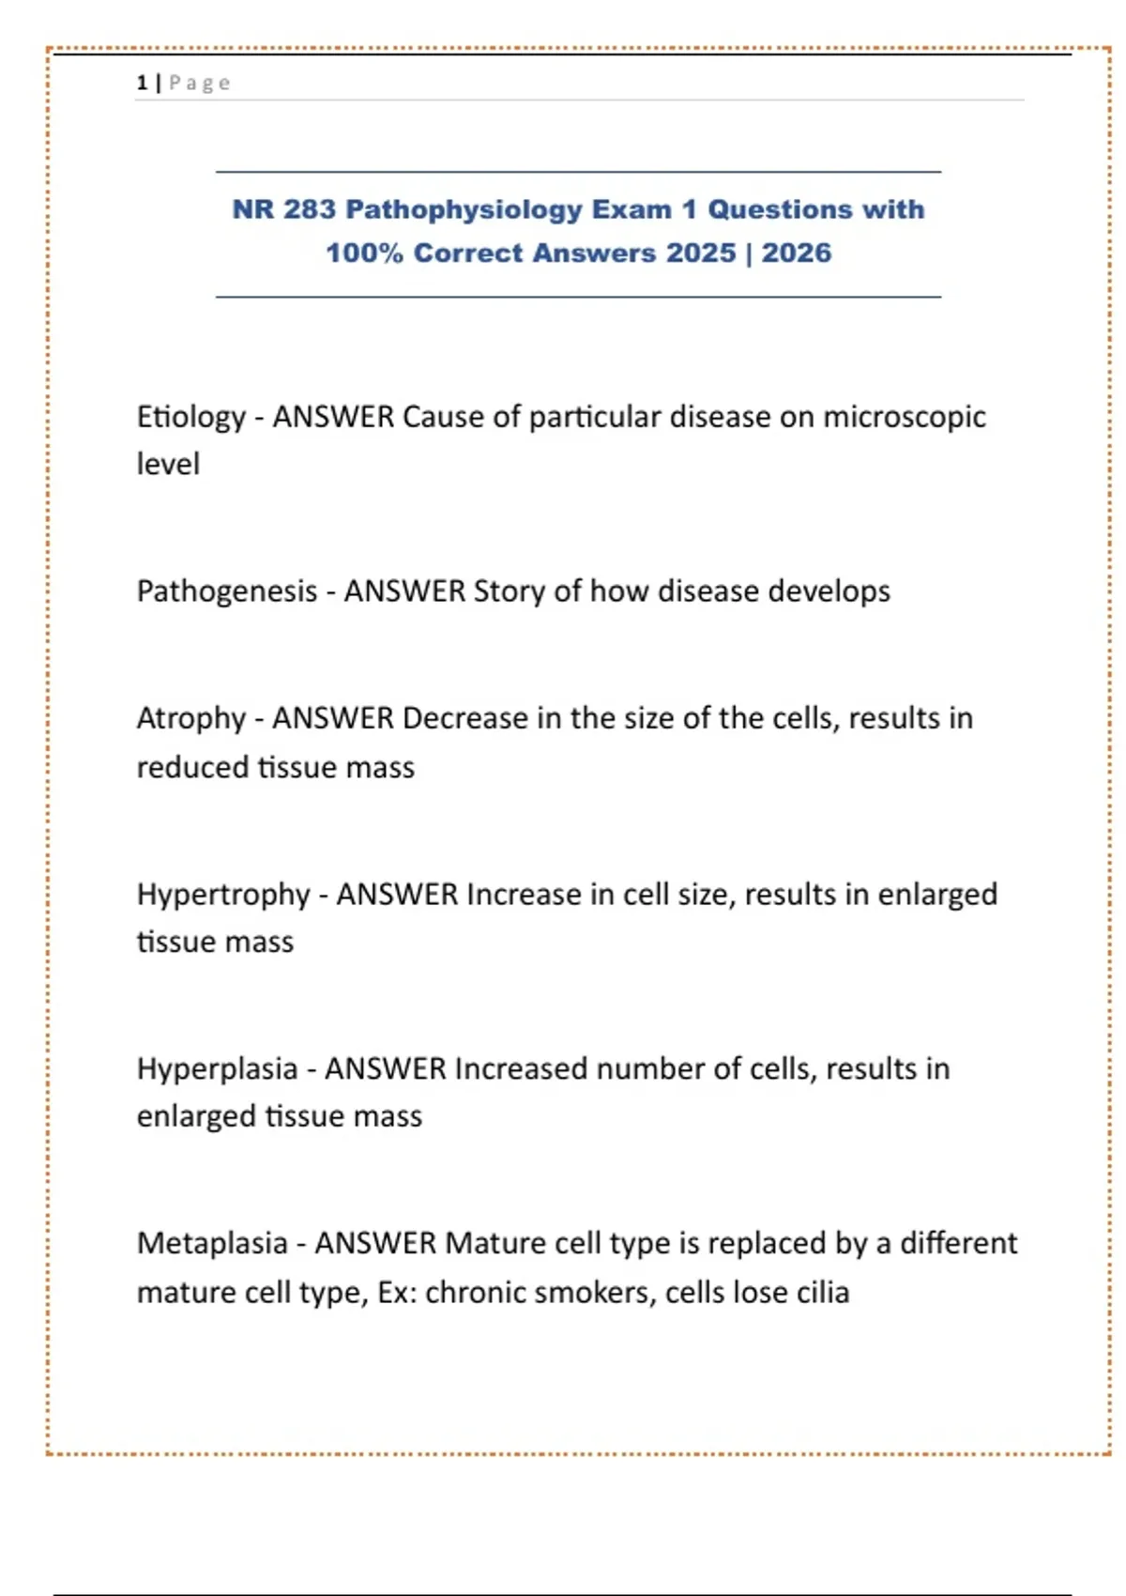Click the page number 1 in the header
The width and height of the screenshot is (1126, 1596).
point(142,84)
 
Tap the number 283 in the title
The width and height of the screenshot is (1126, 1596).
point(309,209)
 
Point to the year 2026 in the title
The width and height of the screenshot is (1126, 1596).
point(796,253)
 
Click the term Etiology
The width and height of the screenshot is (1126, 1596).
point(190,417)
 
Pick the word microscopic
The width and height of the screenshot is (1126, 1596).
point(904,417)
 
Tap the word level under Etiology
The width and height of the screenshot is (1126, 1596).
point(168,464)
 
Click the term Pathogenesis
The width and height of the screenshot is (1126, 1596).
point(227,591)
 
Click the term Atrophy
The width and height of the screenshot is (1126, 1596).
point(190,719)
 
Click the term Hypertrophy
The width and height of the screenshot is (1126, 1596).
point(223,895)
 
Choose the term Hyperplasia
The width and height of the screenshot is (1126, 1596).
point(217,1069)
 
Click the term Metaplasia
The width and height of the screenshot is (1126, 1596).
point(212,1244)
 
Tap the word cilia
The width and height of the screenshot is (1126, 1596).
point(823,1293)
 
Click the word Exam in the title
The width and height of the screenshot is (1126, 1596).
point(630,209)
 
